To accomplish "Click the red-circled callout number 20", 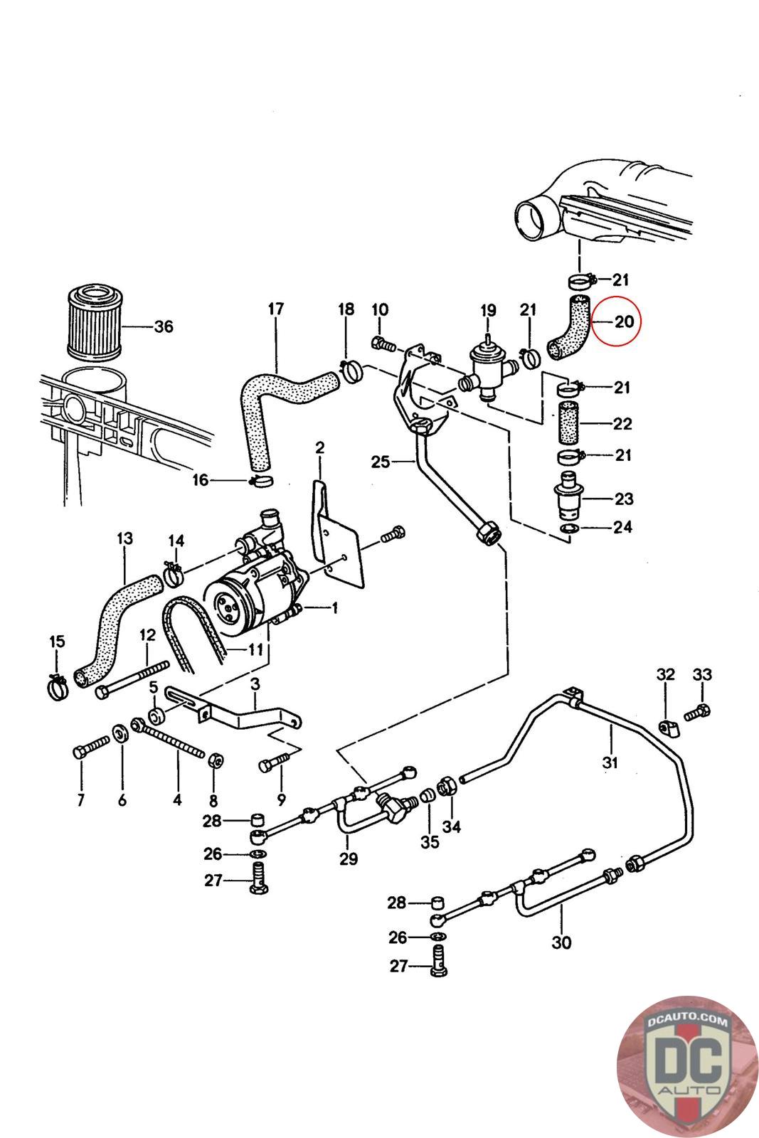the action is point(624,321).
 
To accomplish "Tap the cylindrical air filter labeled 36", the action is point(95,321).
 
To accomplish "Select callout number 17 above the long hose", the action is point(276,309).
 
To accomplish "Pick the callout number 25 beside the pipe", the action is point(381,462).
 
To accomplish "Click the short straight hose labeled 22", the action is point(570,422).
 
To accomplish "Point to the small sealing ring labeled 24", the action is point(570,529).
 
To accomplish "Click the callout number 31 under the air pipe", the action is point(610,762).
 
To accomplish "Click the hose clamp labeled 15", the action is point(58,687).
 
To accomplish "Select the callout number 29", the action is point(349,858).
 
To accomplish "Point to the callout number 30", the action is point(561,942).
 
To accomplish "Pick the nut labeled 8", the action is point(214,760).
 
